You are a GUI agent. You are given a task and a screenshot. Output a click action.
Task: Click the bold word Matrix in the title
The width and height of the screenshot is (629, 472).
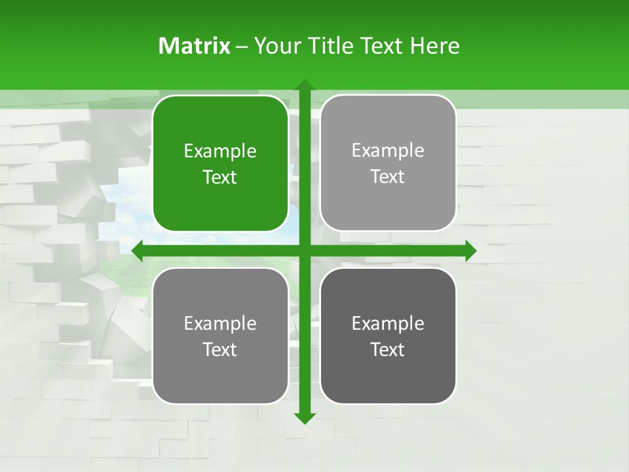[x=194, y=46]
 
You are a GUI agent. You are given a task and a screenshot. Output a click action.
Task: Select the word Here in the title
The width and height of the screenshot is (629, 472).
[x=434, y=46]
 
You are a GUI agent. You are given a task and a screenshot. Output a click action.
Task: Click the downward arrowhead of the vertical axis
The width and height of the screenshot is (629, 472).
[x=304, y=418]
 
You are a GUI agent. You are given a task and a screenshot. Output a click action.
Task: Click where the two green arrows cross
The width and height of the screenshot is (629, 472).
[x=304, y=250]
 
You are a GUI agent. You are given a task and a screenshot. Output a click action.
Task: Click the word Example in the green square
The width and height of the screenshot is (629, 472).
[x=220, y=151]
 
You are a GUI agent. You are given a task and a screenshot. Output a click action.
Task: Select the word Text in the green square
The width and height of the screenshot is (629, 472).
[x=220, y=178]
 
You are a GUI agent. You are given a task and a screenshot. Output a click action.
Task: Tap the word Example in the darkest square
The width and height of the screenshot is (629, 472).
[x=388, y=323]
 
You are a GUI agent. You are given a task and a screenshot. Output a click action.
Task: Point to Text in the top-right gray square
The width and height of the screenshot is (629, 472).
[x=388, y=177]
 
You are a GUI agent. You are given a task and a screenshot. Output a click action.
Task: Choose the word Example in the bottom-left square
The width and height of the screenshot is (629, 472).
[x=220, y=323]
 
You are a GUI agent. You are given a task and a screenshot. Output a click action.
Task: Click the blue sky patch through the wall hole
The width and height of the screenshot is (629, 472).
[x=124, y=210]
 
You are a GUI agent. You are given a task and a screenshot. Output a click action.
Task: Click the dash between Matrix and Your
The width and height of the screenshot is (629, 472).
[x=242, y=47]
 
